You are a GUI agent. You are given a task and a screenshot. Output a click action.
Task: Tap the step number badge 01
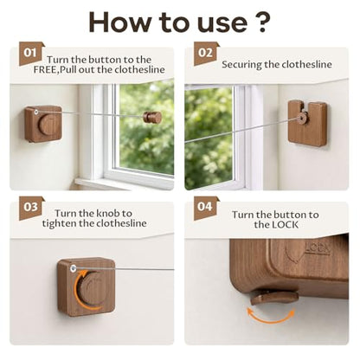coord(31,54)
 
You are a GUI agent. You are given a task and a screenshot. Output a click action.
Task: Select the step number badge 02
coord(205,54)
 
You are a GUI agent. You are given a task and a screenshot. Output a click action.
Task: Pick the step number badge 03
coord(31,208)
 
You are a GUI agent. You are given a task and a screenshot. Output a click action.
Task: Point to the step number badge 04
coord(205,208)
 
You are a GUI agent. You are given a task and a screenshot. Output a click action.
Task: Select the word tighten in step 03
coord(59,223)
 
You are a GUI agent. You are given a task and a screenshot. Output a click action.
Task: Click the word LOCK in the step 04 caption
coord(284,225)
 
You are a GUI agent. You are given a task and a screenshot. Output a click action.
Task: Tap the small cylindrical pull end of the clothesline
coord(152,117)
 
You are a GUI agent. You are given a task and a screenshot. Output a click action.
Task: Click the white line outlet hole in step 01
coord(36,112)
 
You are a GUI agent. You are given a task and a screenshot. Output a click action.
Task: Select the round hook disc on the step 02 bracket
coord(302,118)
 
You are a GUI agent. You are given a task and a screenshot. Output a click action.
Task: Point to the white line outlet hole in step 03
coord(73,269)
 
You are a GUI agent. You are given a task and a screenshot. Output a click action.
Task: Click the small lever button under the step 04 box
coord(274,297)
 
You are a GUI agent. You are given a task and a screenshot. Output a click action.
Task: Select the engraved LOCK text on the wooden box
coord(318,248)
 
